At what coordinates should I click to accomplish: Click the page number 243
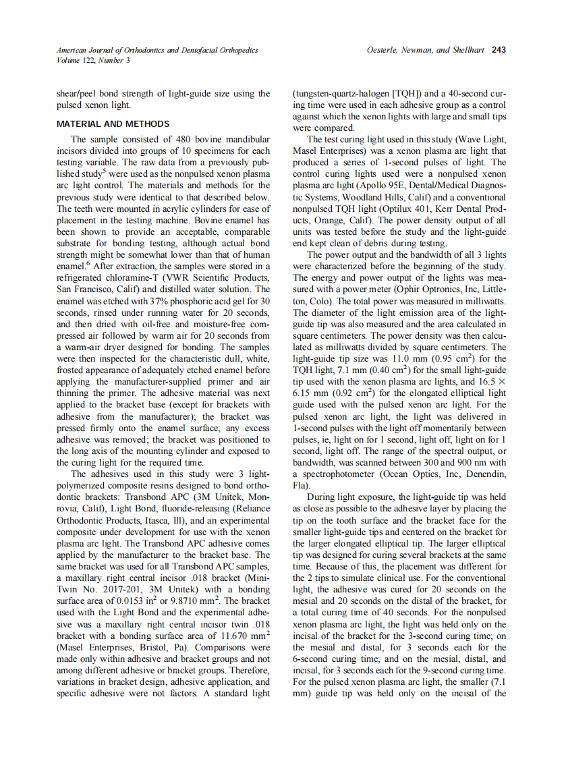[x=499, y=50]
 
